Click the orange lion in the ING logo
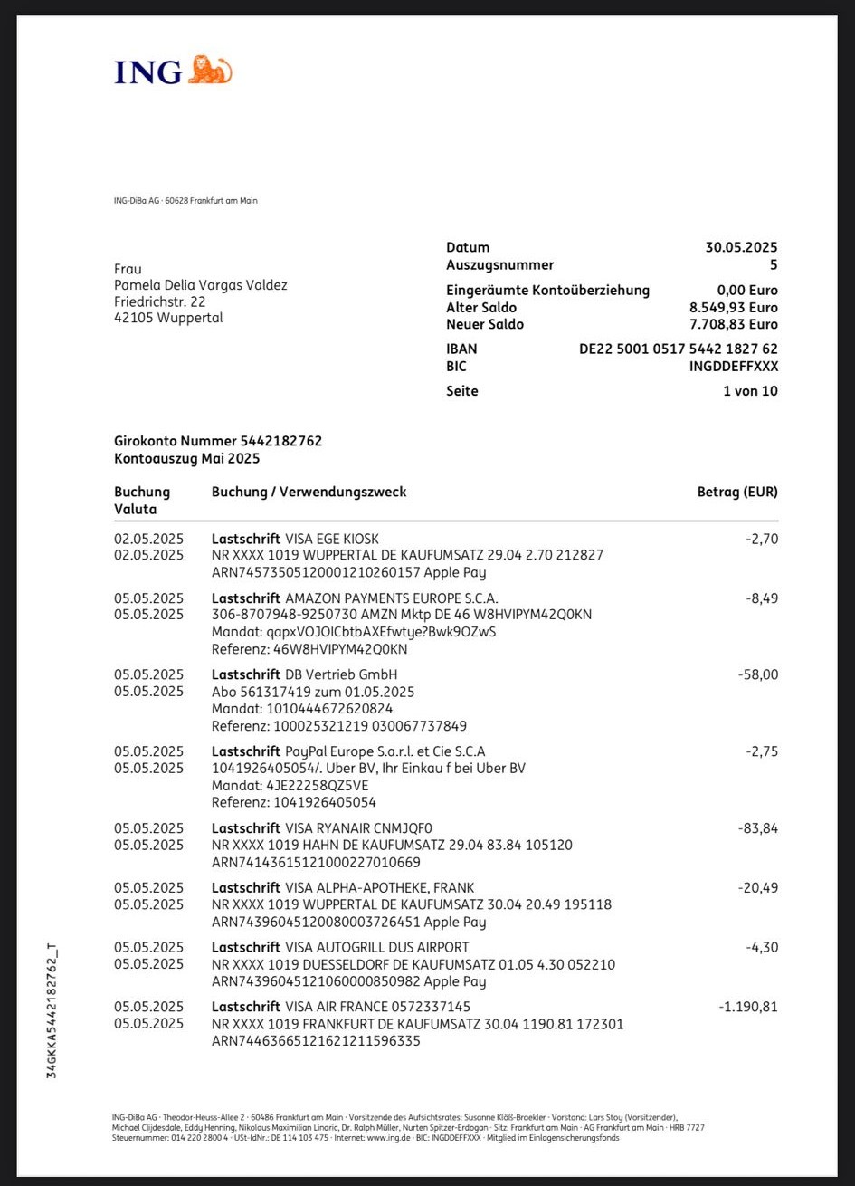(210, 70)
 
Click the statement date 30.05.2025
(741, 247)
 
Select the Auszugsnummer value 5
(773, 265)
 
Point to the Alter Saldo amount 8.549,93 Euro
(733, 308)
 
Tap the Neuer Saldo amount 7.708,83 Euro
(733, 324)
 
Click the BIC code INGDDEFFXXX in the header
(733, 367)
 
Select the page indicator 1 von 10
(750, 391)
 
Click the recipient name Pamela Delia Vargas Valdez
(201, 285)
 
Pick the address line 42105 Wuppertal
(168, 318)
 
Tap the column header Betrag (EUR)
(736, 492)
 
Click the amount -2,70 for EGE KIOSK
(761, 539)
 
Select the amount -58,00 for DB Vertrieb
(757, 674)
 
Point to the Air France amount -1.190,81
(747, 1007)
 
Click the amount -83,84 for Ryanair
(757, 828)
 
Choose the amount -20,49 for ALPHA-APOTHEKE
(757, 887)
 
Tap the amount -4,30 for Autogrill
(761, 947)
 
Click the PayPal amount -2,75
(761, 751)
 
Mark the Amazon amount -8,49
(761, 598)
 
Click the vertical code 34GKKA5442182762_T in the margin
(52, 1010)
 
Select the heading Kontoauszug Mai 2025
(187, 458)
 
